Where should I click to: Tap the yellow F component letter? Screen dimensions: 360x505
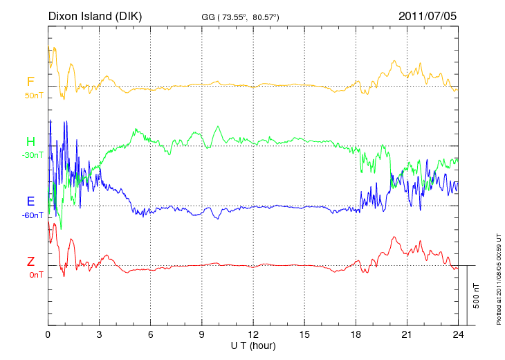(30, 82)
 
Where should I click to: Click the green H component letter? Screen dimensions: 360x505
(30, 142)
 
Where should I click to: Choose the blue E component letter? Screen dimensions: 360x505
(30, 201)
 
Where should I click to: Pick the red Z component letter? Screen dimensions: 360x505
(30, 262)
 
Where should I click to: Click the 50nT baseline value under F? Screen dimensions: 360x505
(33, 95)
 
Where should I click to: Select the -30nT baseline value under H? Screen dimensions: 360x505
(32, 155)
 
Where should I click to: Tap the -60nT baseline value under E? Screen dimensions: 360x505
(32, 215)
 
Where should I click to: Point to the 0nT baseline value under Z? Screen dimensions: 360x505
(35, 275)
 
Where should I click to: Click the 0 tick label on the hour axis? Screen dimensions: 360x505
(48, 334)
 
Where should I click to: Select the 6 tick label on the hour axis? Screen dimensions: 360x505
(151, 334)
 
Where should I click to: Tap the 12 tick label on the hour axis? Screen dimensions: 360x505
(253, 334)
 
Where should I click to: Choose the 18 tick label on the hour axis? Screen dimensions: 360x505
(356, 334)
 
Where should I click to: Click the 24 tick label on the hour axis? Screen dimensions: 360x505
(459, 334)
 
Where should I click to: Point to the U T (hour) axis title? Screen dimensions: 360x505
(252, 345)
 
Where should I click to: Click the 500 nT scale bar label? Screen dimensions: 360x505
(477, 296)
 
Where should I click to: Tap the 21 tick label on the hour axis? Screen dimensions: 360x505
(407, 334)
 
